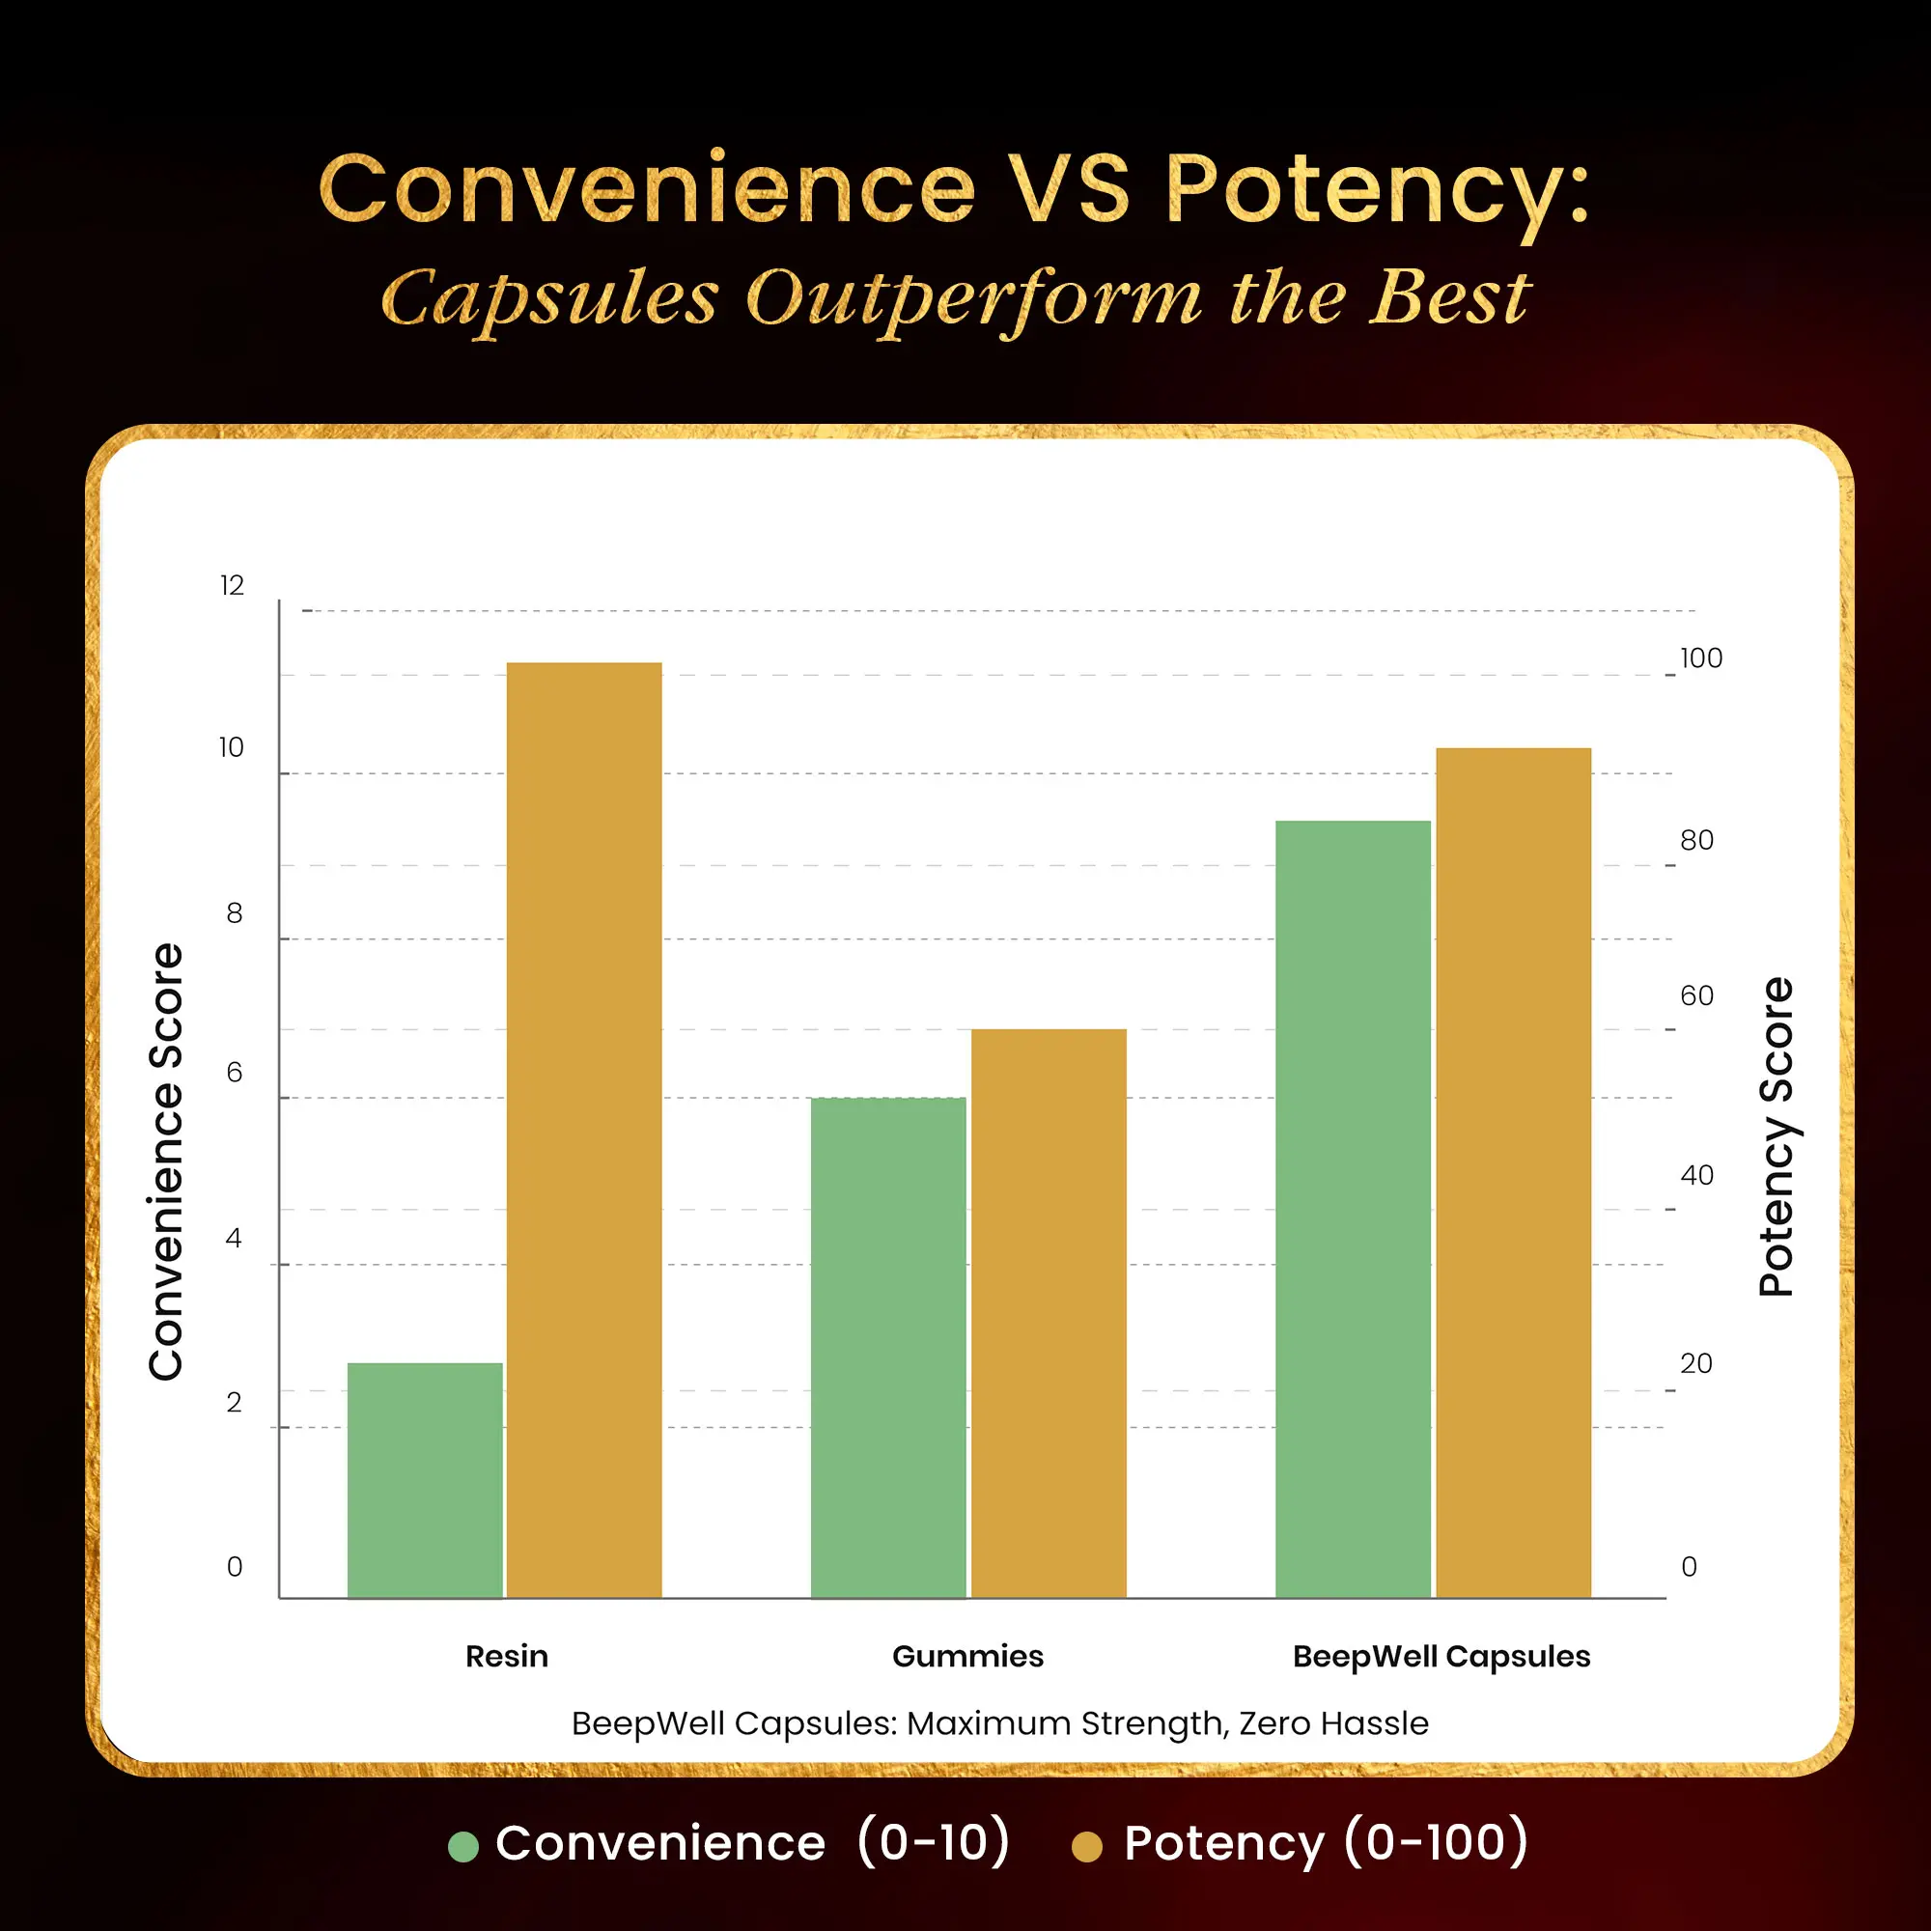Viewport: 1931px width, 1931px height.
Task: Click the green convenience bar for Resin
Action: point(425,1480)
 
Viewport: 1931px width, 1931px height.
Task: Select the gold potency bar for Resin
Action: point(584,1130)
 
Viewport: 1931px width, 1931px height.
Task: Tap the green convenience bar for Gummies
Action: point(887,1347)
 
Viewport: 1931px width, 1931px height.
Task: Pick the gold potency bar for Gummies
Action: point(1049,1313)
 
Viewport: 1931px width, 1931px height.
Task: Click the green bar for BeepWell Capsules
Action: point(1353,1210)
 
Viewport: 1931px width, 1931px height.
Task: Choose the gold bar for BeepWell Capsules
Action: point(1513,1172)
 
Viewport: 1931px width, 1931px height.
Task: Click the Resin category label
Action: point(507,1656)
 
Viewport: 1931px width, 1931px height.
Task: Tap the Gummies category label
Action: point(967,1656)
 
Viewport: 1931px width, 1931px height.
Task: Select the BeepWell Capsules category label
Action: point(1441,1656)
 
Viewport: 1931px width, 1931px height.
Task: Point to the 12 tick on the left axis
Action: point(232,586)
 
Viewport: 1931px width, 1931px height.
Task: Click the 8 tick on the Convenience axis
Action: point(234,912)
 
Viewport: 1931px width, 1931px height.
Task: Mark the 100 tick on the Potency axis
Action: point(1701,658)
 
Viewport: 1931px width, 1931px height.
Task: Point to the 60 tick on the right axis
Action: point(1696,995)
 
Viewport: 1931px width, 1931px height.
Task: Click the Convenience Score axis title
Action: point(166,1161)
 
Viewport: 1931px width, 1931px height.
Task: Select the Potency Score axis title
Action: point(1777,1136)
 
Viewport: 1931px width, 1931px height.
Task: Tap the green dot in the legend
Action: point(462,1846)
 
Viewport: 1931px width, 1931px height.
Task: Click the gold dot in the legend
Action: point(1086,1846)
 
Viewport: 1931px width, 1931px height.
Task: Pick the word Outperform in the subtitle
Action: point(973,297)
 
